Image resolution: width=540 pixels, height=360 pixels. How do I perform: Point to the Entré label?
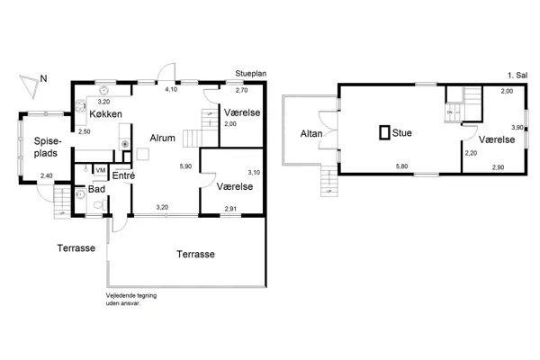123,176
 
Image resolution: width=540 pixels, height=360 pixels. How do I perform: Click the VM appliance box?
100,170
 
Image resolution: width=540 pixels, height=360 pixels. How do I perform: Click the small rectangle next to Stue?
384,133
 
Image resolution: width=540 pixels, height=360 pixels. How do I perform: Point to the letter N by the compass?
43,78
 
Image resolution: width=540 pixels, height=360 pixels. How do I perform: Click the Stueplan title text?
248,78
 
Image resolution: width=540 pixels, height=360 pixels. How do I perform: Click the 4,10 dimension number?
171,90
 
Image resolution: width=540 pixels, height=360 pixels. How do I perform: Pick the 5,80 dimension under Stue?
403,166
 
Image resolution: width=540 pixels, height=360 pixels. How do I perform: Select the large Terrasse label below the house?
194,255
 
